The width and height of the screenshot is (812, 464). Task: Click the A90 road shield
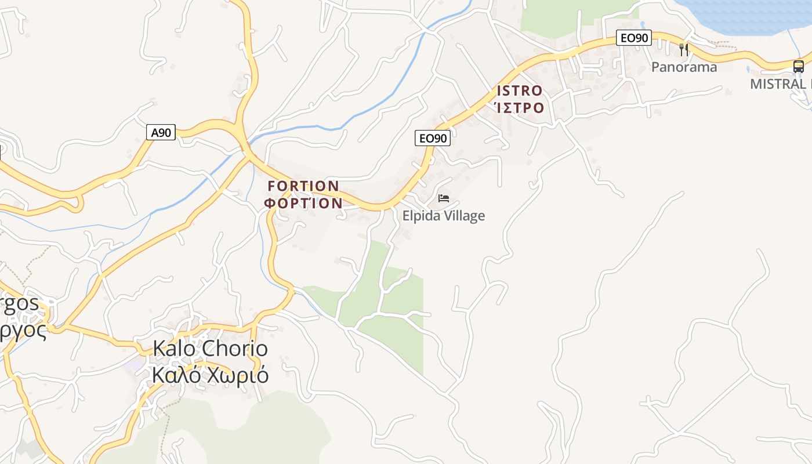[161, 133]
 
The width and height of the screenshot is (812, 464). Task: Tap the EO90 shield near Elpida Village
[433, 138]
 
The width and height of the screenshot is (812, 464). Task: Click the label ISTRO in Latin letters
[520, 91]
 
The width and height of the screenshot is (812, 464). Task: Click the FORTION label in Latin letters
[303, 186]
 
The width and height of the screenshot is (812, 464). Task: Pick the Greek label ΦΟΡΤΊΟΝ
[303, 203]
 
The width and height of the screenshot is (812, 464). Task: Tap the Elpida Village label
[444, 216]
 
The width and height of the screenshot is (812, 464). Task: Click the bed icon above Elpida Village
[444, 198]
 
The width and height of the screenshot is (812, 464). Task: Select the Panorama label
[684, 67]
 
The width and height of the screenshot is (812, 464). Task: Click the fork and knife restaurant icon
[684, 50]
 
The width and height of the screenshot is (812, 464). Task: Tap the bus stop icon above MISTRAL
[799, 66]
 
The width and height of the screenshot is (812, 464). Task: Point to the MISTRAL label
[780, 84]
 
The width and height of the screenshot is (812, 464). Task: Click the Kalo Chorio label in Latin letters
[210, 349]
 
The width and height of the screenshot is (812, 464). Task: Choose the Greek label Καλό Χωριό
[210, 375]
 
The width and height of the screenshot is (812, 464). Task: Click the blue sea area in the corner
[748, 14]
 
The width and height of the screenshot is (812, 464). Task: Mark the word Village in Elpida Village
[462, 216]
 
